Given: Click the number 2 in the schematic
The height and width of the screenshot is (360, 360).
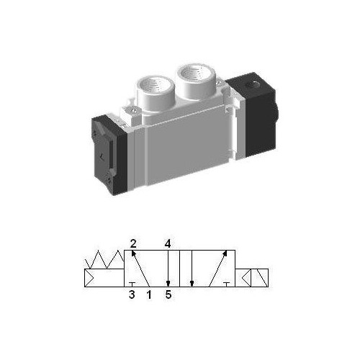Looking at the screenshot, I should click(133, 243).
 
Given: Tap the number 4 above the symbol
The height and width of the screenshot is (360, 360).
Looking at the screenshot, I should click(167, 243).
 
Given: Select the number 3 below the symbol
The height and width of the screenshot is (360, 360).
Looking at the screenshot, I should click(132, 294).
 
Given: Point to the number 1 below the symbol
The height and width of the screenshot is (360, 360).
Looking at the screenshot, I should click(149, 294).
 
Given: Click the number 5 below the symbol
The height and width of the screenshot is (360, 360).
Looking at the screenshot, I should click(168, 294).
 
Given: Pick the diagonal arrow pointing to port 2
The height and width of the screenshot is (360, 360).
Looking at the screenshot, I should click(141, 269).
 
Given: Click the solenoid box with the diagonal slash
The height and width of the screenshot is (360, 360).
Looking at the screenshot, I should click(256, 278).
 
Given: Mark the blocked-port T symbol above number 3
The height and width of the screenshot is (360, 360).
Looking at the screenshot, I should click(132, 284).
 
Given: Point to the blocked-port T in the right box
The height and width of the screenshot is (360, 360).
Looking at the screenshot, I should click(228, 284).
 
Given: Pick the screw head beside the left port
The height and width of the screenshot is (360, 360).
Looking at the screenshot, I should click(136, 110).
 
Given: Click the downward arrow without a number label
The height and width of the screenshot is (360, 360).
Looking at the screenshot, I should click(192, 269).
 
